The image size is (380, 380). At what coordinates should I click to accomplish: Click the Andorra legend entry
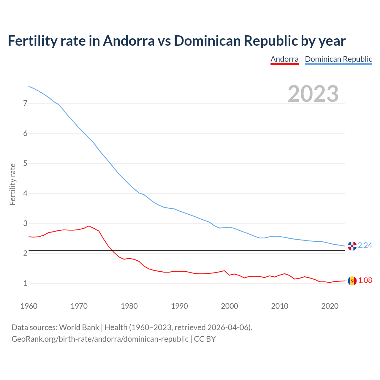(284, 59)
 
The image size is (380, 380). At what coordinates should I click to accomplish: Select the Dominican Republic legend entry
(338, 59)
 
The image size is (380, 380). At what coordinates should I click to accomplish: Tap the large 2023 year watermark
(313, 94)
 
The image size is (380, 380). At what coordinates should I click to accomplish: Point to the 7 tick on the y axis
(25, 103)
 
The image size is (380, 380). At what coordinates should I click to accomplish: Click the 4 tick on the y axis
(25, 193)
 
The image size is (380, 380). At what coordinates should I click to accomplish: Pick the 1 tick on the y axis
(25, 284)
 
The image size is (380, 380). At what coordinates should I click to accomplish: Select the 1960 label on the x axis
(29, 306)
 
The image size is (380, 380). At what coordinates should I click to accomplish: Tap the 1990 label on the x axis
(179, 306)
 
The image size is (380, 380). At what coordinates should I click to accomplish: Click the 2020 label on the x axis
(330, 306)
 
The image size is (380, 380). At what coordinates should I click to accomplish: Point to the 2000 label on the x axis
(229, 306)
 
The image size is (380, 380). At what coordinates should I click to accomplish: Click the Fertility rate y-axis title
(12, 184)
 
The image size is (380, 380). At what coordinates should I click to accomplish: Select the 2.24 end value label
(365, 246)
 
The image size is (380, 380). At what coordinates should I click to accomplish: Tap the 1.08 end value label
(365, 281)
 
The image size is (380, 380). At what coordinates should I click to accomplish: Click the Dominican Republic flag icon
(352, 246)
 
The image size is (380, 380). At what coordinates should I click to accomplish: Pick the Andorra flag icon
(352, 281)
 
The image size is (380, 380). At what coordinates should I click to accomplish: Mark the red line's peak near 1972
(89, 226)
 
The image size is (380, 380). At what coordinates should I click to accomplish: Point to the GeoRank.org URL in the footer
(100, 339)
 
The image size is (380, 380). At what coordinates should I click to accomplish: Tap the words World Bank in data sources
(79, 327)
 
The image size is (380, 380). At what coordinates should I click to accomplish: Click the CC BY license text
(205, 339)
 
